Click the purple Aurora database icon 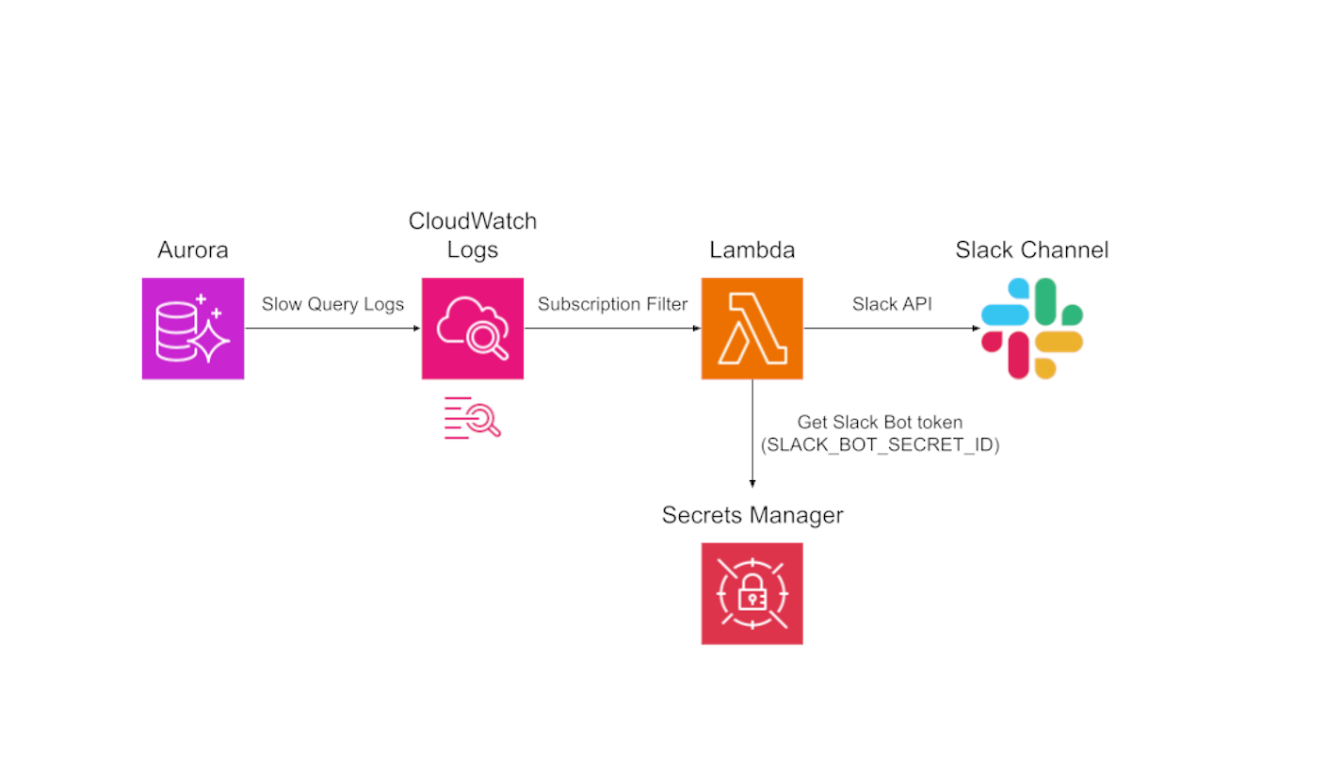(193, 329)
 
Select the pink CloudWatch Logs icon (473, 329)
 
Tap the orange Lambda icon (752, 329)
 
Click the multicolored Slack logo (1032, 329)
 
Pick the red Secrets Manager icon (752, 593)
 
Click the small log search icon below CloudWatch (472, 418)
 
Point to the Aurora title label (193, 251)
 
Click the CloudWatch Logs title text (473, 235)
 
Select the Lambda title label (752, 251)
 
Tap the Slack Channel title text (1032, 251)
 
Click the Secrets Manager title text (752, 516)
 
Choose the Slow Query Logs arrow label (332, 304)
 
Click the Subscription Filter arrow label (612, 304)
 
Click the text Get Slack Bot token (880, 424)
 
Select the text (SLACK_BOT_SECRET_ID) (882, 445)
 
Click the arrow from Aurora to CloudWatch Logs (332, 329)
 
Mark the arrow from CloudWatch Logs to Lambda (612, 329)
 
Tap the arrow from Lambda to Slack (892, 329)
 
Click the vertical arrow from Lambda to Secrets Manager (752, 433)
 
